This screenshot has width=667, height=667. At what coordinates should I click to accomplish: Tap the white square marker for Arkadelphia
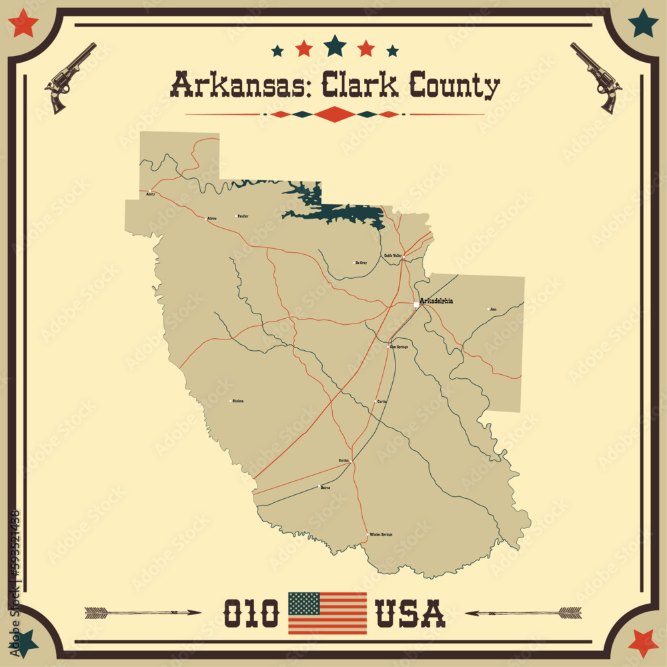416,305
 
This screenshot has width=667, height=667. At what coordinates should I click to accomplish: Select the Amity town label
150,194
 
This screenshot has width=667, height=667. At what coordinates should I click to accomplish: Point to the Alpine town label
212,218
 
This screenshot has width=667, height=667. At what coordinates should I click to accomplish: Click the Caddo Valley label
392,255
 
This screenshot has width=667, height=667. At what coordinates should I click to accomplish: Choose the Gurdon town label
344,460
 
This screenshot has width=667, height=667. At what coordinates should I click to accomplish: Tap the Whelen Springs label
381,534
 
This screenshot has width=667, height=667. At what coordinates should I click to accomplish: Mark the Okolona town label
237,401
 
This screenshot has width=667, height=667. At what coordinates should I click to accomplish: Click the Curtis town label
382,402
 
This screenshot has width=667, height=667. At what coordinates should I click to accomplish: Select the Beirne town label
325,488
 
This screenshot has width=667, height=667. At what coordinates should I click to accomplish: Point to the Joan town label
493,309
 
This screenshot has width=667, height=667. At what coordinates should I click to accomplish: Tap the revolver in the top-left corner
69,77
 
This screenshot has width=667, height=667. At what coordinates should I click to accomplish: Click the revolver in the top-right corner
596,77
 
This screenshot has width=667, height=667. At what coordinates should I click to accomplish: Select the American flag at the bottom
327,613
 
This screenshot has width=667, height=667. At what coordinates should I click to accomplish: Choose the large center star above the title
335,45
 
